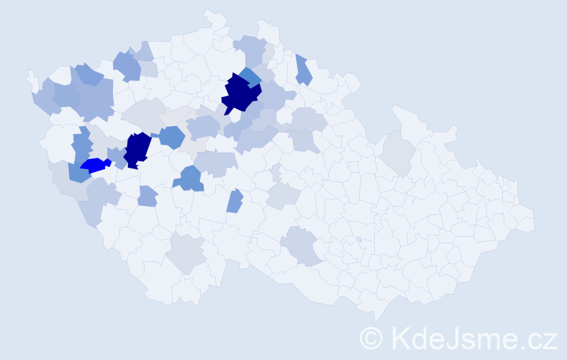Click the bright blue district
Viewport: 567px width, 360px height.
click(x=94, y=166)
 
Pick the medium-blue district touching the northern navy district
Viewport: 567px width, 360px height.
click(x=250, y=75)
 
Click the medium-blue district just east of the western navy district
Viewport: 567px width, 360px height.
click(x=171, y=137)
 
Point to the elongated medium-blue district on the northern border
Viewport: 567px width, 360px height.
click(x=303, y=70)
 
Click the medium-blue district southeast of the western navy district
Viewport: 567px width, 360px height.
click(x=191, y=178)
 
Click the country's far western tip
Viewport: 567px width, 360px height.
click(x=30, y=74)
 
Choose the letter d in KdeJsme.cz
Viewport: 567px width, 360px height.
click(x=418, y=337)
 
